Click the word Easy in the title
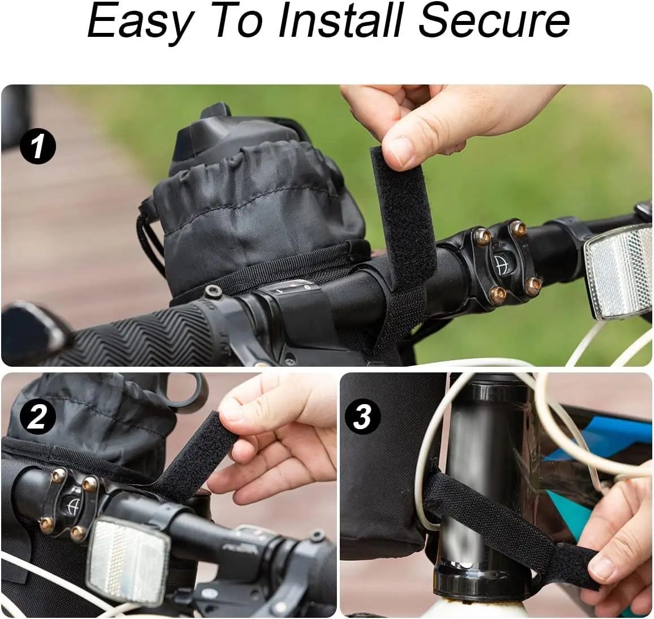[x=139, y=22]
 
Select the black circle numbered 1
[x=37, y=146]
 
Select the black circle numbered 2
[x=37, y=418]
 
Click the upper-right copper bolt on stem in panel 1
[x=518, y=228]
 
